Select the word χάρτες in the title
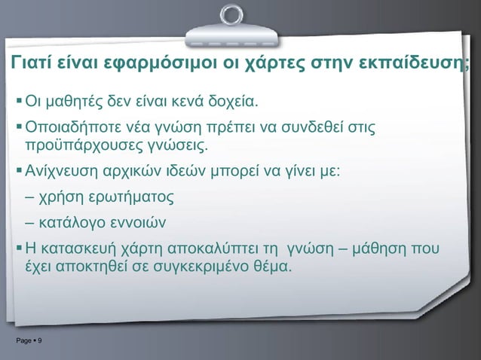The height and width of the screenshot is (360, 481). point(273,63)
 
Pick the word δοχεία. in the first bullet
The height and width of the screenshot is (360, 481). point(233,100)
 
